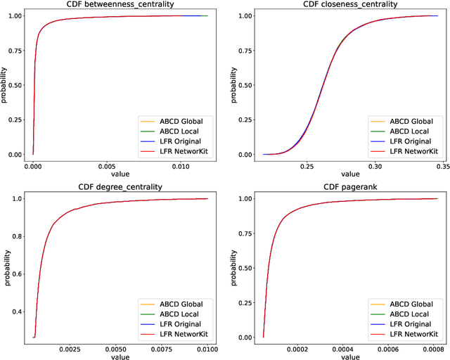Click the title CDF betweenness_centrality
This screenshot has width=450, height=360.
(x=120, y=4)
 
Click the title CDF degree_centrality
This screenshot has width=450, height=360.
(x=120, y=186)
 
